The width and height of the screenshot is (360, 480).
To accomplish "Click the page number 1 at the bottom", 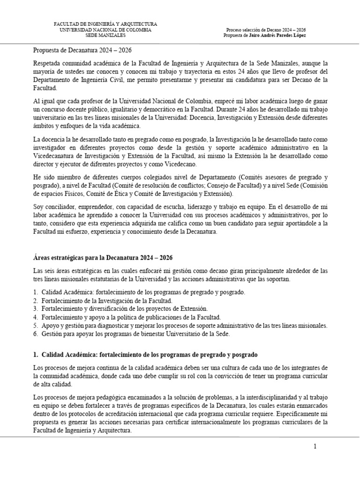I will [315, 446].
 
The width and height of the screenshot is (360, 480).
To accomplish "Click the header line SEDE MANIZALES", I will [105, 35].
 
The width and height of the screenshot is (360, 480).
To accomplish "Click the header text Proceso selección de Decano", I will [265, 30].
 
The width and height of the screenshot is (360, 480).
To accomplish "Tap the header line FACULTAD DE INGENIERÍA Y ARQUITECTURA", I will [105, 24].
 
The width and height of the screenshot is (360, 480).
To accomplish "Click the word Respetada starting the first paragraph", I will [47, 63].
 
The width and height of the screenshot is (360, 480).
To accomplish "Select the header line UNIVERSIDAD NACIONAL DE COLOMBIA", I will [105, 30].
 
